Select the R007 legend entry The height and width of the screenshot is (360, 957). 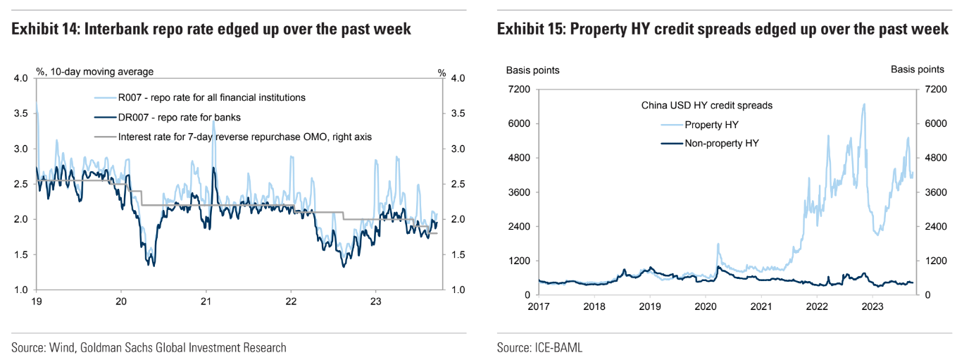[x=212, y=97]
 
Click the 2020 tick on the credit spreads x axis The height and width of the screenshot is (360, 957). [x=706, y=306]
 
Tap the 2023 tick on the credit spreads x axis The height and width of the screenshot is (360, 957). [x=872, y=306]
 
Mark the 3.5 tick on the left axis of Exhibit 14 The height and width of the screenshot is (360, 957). [x=21, y=113]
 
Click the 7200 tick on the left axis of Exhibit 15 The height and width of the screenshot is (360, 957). [x=520, y=89]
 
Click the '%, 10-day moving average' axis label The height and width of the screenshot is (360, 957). [x=95, y=71]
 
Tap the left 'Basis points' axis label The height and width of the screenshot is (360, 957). [x=533, y=70]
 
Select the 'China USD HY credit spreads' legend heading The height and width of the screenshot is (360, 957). [x=707, y=106]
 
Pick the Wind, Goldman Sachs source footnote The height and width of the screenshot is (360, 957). [x=149, y=347]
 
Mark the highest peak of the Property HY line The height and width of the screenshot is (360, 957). [x=864, y=104]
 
